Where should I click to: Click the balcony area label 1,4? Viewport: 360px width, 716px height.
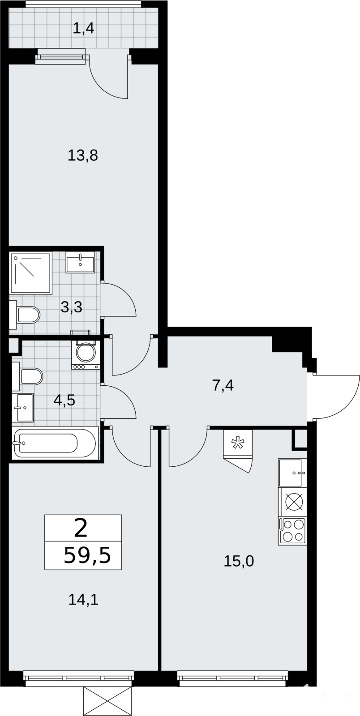click(x=83, y=29)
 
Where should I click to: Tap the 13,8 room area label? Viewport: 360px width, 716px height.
click(x=83, y=155)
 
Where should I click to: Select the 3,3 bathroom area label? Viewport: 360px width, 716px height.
click(x=71, y=307)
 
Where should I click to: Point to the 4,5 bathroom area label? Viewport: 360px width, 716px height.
click(x=64, y=400)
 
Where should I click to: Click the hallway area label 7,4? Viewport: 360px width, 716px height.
click(x=223, y=385)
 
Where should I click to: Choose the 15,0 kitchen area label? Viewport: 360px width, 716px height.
click(x=239, y=561)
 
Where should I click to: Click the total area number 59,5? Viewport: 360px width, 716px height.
click(x=87, y=555)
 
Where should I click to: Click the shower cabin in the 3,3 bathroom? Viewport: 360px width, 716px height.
click(x=31, y=273)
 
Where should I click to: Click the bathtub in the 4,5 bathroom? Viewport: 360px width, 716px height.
click(x=54, y=443)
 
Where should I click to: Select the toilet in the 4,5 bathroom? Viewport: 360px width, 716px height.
click(x=27, y=376)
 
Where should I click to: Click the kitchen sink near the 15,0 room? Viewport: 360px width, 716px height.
click(x=292, y=473)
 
